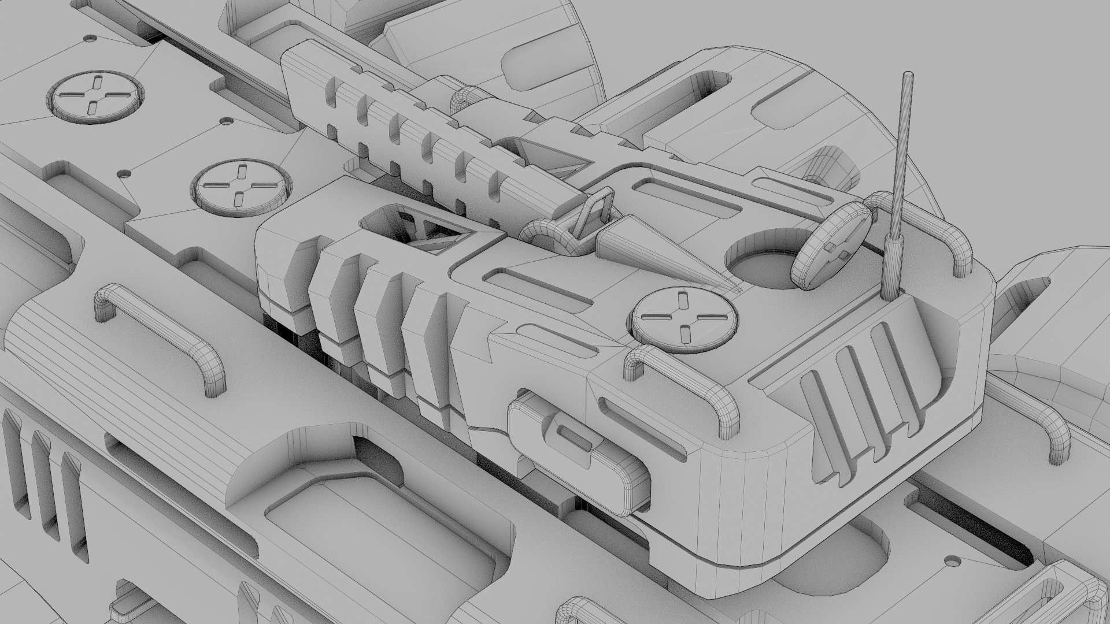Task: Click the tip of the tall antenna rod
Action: click(x=908, y=75)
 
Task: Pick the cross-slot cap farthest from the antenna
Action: click(x=95, y=97)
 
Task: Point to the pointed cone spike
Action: click(x=653, y=248)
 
